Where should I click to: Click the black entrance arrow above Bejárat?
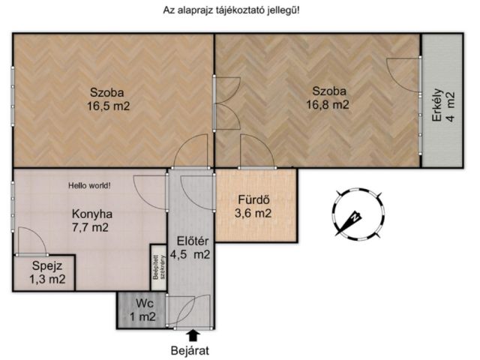pyautogui.click(x=193, y=335)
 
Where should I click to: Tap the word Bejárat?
pyautogui.click(x=190, y=350)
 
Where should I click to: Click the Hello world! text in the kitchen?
pyautogui.click(x=89, y=185)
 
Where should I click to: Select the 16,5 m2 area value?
pyautogui.click(x=109, y=106)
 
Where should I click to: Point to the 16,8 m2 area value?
pyautogui.click(x=328, y=105)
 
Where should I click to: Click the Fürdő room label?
pyautogui.click(x=253, y=199)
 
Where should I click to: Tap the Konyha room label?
pyautogui.click(x=92, y=214)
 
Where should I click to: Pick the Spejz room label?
pyautogui.click(x=47, y=265)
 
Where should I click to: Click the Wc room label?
pyautogui.click(x=145, y=304)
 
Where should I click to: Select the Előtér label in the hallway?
pyautogui.click(x=193, y=241)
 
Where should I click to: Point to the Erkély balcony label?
pyautogui.click(x=436, y=105)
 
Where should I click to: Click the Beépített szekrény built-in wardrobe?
pyautogui.click(x=158, y=267)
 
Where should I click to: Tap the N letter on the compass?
pyautogui.click(x=355, y=217)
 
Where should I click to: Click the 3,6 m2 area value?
pyautogui.click(x=253, y=213)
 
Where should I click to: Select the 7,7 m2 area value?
pyautogui.click(x=90, y=227)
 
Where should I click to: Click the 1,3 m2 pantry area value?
pyautogui.click(x=47, y=279)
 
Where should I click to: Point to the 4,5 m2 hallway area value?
pyautogui.click(x=190, y=254)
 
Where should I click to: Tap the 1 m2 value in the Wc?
pyautogui.click(x=142, y=316)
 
